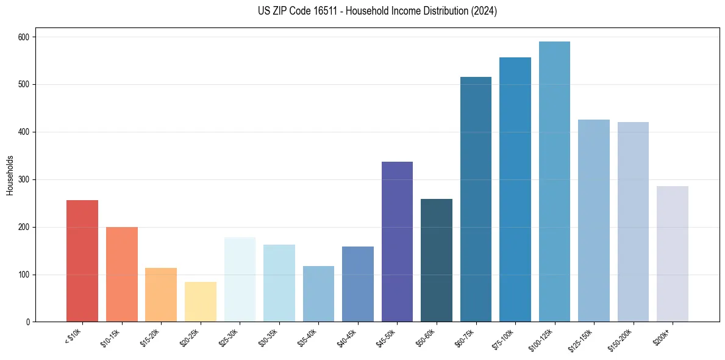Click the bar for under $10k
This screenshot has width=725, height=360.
pos(82,261)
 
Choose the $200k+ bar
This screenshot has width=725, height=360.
pos(673,254)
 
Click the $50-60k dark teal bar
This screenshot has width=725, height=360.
pos(437,261)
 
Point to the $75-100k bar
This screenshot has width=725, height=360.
pos(515,190)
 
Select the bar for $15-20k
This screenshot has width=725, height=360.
pos(161,295)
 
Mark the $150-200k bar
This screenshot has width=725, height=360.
pos(633,222)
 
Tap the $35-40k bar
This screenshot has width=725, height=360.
pos(318,294)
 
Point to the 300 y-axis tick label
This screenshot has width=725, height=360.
pos(25,180)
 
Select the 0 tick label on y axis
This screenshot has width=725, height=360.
pos(29,322)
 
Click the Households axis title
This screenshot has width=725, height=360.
pos(10,175)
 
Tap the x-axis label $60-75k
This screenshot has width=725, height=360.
pos(465,337)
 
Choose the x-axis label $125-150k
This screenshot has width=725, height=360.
pos(580,339)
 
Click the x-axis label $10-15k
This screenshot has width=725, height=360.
pos(110,337)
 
